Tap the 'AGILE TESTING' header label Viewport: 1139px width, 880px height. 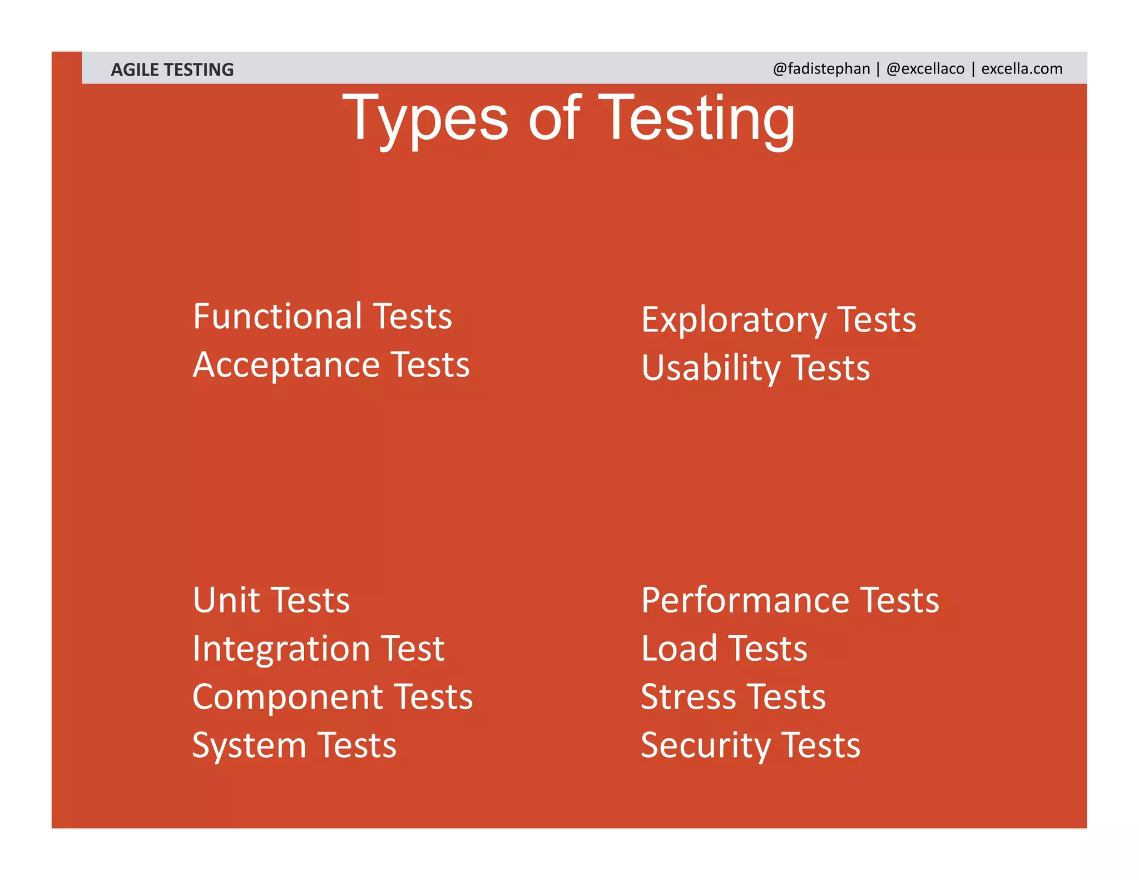pyautogui.click(x=172, y=70)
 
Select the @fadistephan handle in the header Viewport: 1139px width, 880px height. pyautogui.click(x=821, y=68)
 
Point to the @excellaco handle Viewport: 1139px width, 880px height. pyautogui.click(x=925, y=68)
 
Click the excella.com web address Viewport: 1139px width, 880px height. pyautogui.click(x=1022, y=68)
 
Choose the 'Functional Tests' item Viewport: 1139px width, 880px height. pyautogui.click(x=323, y=316)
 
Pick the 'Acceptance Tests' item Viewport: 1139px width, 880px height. pyautogui.click(x=331, y=365)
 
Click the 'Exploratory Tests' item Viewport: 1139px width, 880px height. pyautogui.click(x=779, y=320)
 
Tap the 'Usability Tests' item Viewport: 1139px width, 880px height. pyautogui.click(x=755, y=368)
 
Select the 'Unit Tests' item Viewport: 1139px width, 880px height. pyautogui.click(x=271, y=600)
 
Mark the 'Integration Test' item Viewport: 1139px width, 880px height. pyautogui.click(x=318, y=649)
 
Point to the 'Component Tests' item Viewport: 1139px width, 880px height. pyautogui.click(x=333, y=697)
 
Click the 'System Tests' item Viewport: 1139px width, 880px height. pyautogui.click(x=294, y=745)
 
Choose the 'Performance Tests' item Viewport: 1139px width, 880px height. pyautogui.click(x=790, y=600)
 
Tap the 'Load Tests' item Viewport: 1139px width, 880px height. pyautogui.click(x=724, y=649)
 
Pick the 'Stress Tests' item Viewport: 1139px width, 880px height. pyautogui.click(x=733, y=697)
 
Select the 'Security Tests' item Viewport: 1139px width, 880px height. pyautogui.click(x=750, y=745)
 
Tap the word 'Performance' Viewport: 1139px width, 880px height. pyautogui.click(x=745, y=600)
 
